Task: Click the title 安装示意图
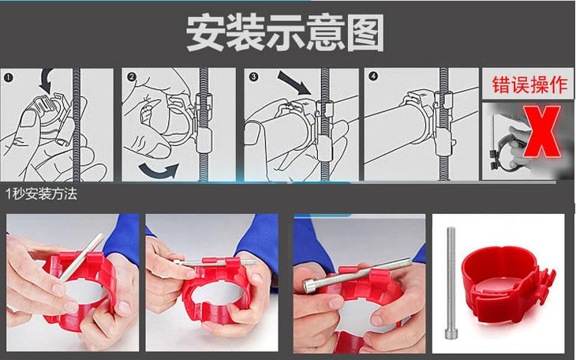(285, 32)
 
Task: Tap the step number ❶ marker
(9, 77)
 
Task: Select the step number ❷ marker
(131, 77)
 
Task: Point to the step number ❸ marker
(253, 77)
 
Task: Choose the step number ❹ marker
(373, 76)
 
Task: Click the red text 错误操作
(529, 84)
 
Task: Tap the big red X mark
(541, 131)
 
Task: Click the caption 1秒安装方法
(41, 193)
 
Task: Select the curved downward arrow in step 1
(47, 81)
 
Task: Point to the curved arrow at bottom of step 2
(158, 171)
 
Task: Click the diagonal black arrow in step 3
(294, 83)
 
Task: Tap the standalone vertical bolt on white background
(451, 283)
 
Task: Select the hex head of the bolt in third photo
(310, 285)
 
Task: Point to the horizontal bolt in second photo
(215, 263)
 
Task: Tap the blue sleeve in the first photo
(123, 239)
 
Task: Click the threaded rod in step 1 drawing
(77, 125)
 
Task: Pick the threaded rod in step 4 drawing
(443, 124)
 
